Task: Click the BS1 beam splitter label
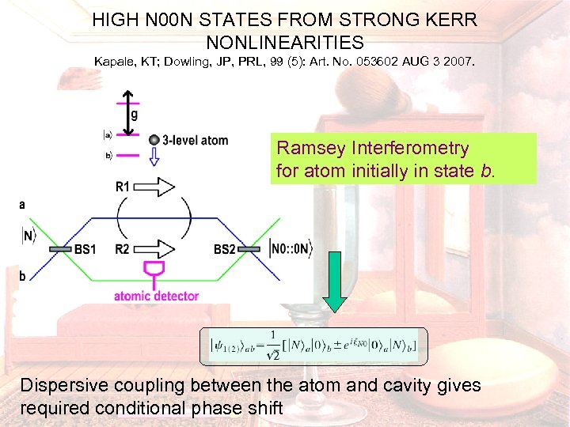click(85, 250)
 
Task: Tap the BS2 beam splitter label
click(224, 250)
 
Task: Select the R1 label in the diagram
click(123, 187)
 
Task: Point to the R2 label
click(122, 250)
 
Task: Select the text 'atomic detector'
click(156, 297)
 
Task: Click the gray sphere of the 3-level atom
click(154, 140)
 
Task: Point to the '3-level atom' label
click(195, 141)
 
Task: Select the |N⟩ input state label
click(29, 236)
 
